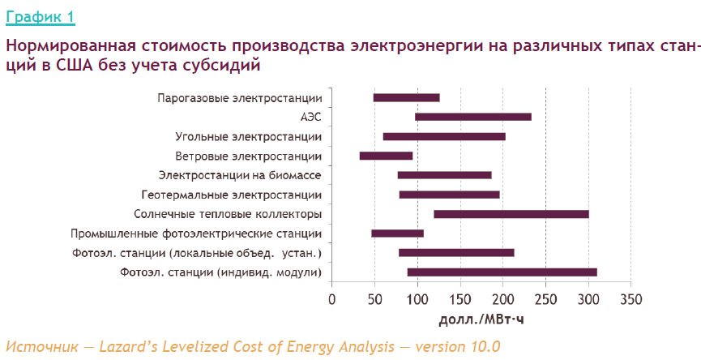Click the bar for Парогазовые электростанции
coord(406,97)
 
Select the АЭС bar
coord(473,117)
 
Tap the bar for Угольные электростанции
coord(444,136)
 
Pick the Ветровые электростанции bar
coord(386,156)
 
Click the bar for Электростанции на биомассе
coord(444,175)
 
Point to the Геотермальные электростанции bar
coord(449,195)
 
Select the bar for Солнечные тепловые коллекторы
coord(511,214)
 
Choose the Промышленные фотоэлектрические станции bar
coord(397,234)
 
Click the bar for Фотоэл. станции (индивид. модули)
coord(502,272)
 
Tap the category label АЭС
coord(310,117)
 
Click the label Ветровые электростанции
coord(248,156)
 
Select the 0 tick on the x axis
coord(331,298)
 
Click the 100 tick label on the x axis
coord(417,298)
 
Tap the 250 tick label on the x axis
coord(545,298)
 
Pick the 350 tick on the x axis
coord(630,298)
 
